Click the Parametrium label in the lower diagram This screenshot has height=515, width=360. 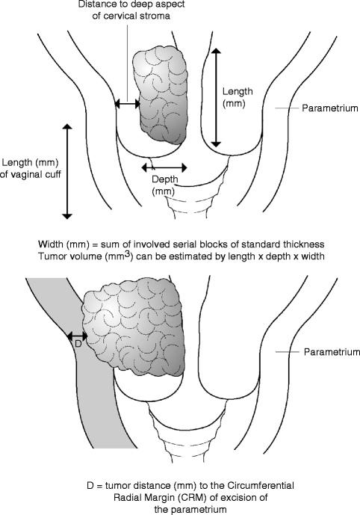point(326,351)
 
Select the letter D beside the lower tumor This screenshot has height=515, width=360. point(78,345)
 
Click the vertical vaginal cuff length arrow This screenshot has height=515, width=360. point(67,171)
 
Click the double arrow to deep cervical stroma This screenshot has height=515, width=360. point(126,105)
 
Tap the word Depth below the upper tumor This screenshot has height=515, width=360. point(165,179)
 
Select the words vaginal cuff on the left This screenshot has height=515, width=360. point(37,176)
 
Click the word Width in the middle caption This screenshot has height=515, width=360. point(50,244)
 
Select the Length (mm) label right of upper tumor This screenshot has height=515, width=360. point(238,96)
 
